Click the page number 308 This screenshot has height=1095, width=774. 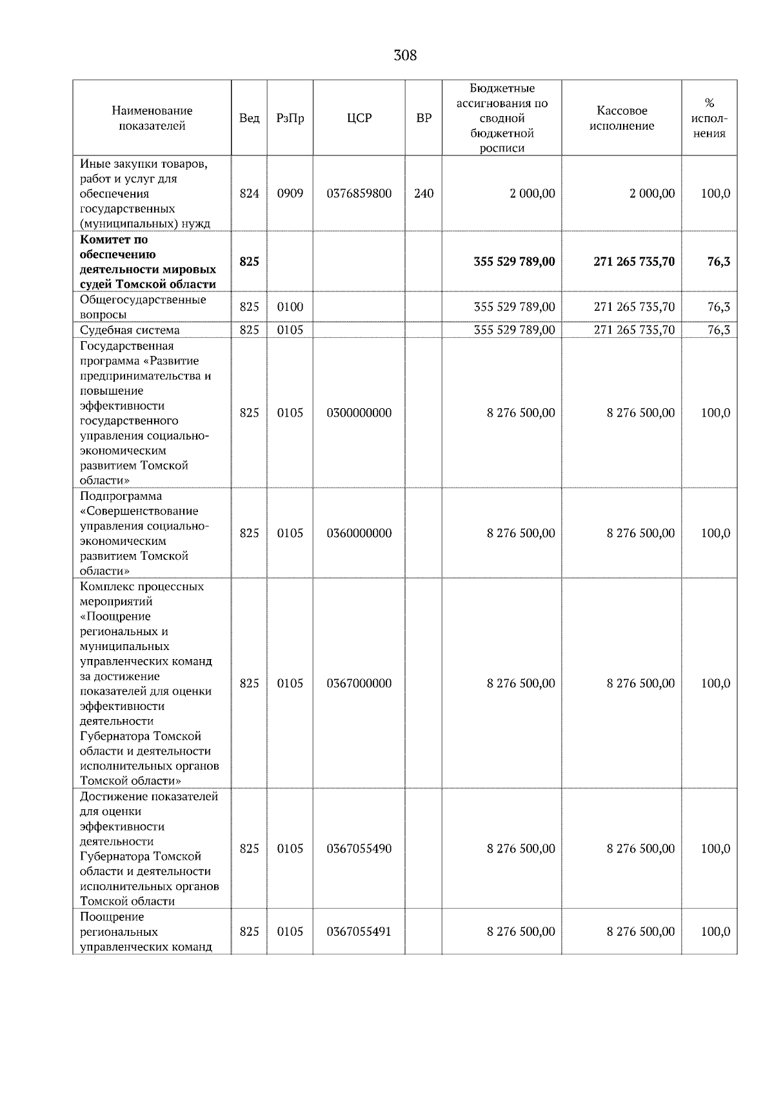(405, 55)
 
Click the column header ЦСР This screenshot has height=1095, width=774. (359, 118)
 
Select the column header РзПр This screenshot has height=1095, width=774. (290, 118)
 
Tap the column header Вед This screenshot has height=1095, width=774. (249, 118)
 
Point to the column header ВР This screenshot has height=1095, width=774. (424, 118)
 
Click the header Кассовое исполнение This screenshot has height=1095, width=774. (621, 118)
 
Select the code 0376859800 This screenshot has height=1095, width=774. (359, 193)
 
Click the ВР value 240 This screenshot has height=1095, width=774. (424, 193)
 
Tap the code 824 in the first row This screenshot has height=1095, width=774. (249, 193)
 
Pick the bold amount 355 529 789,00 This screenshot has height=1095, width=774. (514, 262)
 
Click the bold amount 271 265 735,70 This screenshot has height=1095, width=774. (634, 262)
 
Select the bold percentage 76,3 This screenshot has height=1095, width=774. (719, 262)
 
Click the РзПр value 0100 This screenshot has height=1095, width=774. (290, 307)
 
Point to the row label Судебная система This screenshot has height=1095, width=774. (130, 330)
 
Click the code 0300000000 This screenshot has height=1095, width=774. (359, 413)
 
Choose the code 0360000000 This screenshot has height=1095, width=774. (359, 533)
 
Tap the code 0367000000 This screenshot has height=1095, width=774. (359, 684)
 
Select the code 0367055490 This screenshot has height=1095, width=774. (359, 849)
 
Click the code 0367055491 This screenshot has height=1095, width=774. (359, 932)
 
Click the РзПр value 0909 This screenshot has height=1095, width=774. (290, 193)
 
